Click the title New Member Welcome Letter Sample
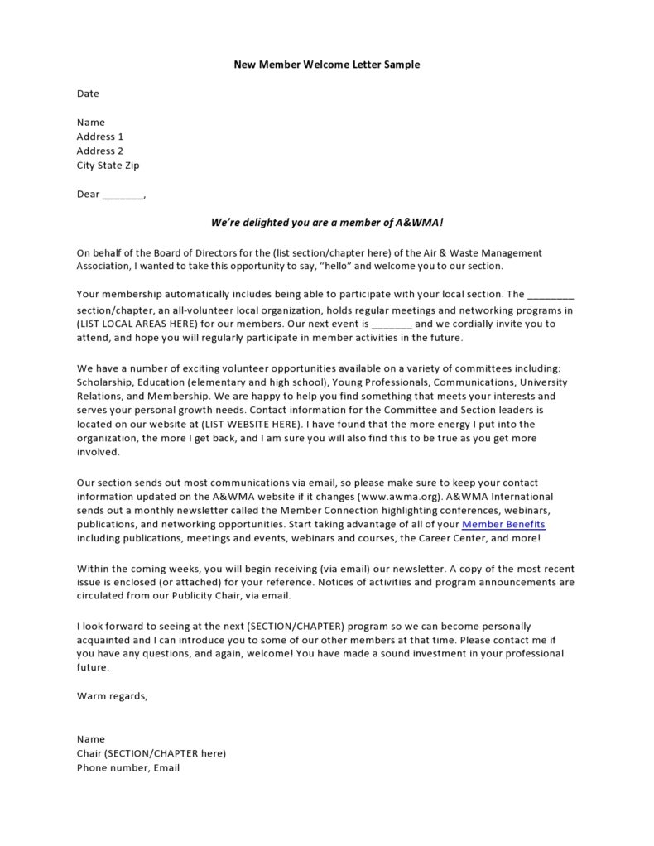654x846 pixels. pos(326,65)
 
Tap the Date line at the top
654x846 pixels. pos(88,94)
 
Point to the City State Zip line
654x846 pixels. pos(108,165)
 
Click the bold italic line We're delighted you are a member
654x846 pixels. pos(327,223)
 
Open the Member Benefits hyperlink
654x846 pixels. pos(503,525)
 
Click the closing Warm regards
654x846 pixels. pos(113,695)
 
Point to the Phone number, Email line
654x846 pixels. pos(128,767)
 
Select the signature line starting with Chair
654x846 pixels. pos(151,753)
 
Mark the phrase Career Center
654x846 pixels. pos(449,539)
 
